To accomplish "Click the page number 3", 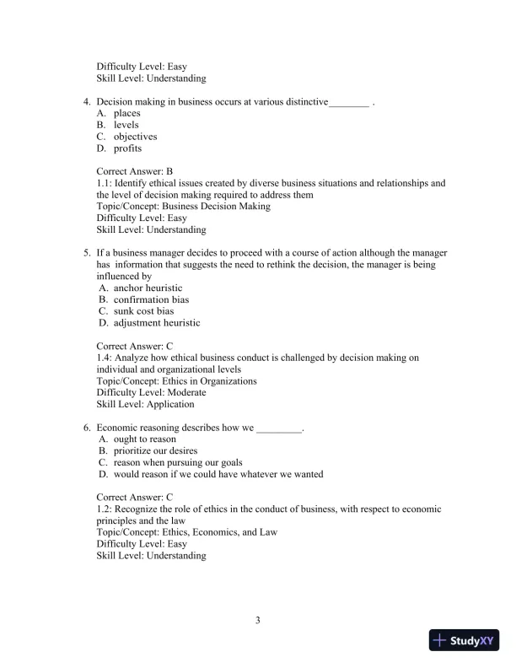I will tap(258, 622).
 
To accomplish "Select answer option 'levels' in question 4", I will tap(126, 125).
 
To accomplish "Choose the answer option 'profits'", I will tap(128, 148).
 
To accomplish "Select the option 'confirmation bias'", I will tap(151, 299).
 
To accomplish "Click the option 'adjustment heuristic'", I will tap(157, 323).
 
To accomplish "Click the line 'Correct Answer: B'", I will tap(135, 171).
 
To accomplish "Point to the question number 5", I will tap(87, 253).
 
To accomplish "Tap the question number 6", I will tap(87, 428).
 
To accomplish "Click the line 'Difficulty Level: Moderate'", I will tap(151, 393).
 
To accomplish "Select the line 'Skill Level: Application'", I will tap(145, 405).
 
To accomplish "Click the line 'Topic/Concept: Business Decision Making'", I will tap(183, 207).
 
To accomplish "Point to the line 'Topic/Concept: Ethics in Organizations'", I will tap(177, 381).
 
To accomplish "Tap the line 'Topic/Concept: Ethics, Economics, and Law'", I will tap(186, 533).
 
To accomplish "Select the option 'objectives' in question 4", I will tap(135, 137).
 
